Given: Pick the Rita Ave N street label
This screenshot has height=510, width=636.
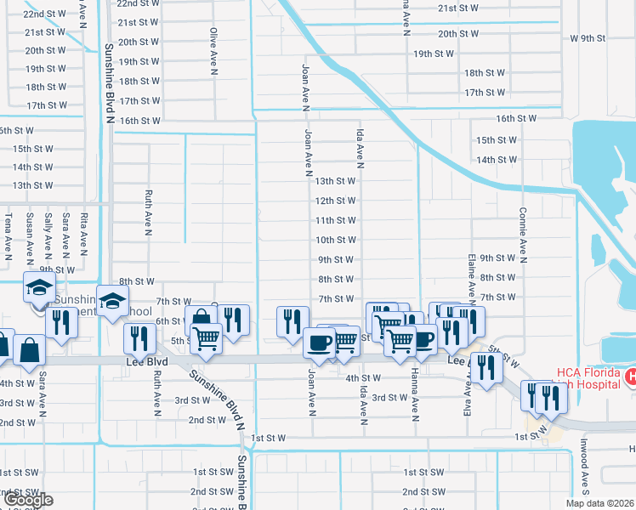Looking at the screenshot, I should tap(83, 234).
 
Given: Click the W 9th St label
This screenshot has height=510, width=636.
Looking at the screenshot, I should tap(588, 38).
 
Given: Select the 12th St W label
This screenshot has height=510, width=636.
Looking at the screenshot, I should tap(335, 201).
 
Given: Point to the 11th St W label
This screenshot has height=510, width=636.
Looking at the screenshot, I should tap(335, 220).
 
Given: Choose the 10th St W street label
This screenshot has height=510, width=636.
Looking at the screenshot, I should tap(335, 240).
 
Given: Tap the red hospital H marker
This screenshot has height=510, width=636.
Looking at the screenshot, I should tap(630, 376).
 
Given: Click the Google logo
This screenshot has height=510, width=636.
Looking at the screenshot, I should tap(27, 500).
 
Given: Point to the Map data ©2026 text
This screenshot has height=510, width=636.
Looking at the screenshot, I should tap(599, 503).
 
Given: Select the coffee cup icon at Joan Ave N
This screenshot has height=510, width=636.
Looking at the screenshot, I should tap(319, 343).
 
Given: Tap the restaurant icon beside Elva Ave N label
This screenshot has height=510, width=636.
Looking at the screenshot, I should tap(486, 367).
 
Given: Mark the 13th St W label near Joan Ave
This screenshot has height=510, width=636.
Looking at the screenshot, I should tap(335, 181).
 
